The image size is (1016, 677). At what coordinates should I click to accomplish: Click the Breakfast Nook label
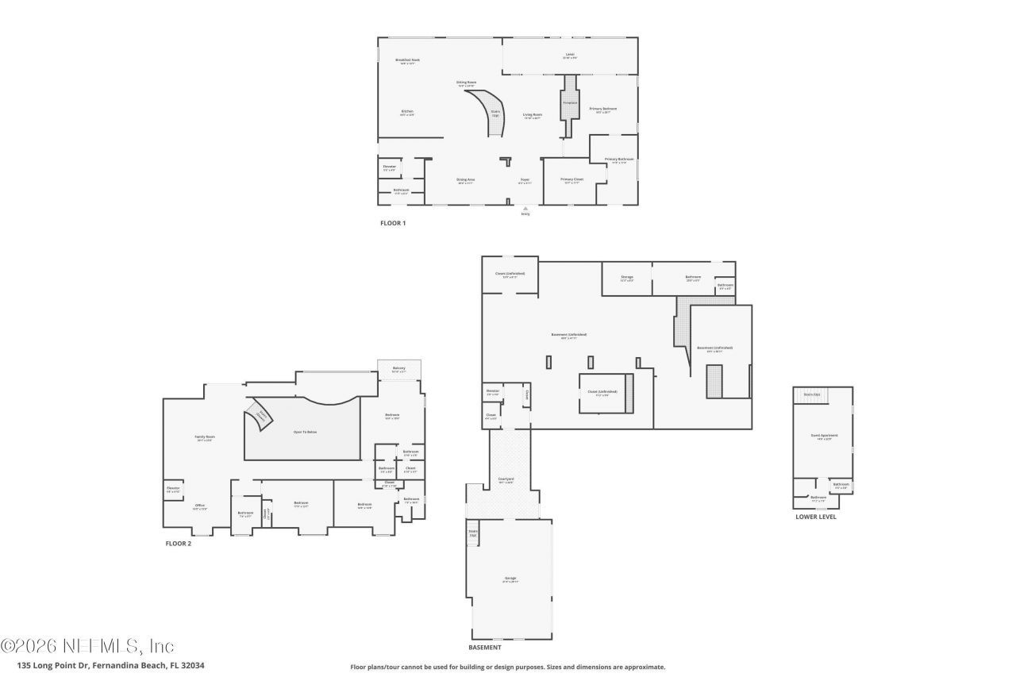click(x=407, y=60)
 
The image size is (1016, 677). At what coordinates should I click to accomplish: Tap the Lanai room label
click(x=569, y=56)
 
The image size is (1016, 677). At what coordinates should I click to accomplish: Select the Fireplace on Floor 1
click(x=570, y=102)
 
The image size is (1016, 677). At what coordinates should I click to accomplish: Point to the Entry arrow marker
click(x=525, y=210)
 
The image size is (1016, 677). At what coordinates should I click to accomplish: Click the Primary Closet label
click(x=571, y=180)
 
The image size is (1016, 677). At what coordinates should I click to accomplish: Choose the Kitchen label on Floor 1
click(x=406, y=112)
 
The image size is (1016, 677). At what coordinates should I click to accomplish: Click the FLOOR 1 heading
click(x=393, y=223)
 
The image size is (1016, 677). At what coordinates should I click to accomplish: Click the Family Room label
click(x=205, y=437)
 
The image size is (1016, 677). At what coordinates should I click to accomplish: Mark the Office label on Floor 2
click(x=200, y=506)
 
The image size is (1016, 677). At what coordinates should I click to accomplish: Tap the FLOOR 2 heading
click(x=178, y=544)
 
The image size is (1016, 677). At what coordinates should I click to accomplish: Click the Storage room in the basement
click(x=627, y=279)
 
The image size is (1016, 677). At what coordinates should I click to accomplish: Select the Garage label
click(x=510, y=579)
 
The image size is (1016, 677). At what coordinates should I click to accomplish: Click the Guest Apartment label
click(x=822, y=437)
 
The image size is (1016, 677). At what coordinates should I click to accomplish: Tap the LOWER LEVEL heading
click(x=815, y=517)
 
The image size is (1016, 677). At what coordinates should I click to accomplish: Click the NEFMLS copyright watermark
click(x=87, y=645)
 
